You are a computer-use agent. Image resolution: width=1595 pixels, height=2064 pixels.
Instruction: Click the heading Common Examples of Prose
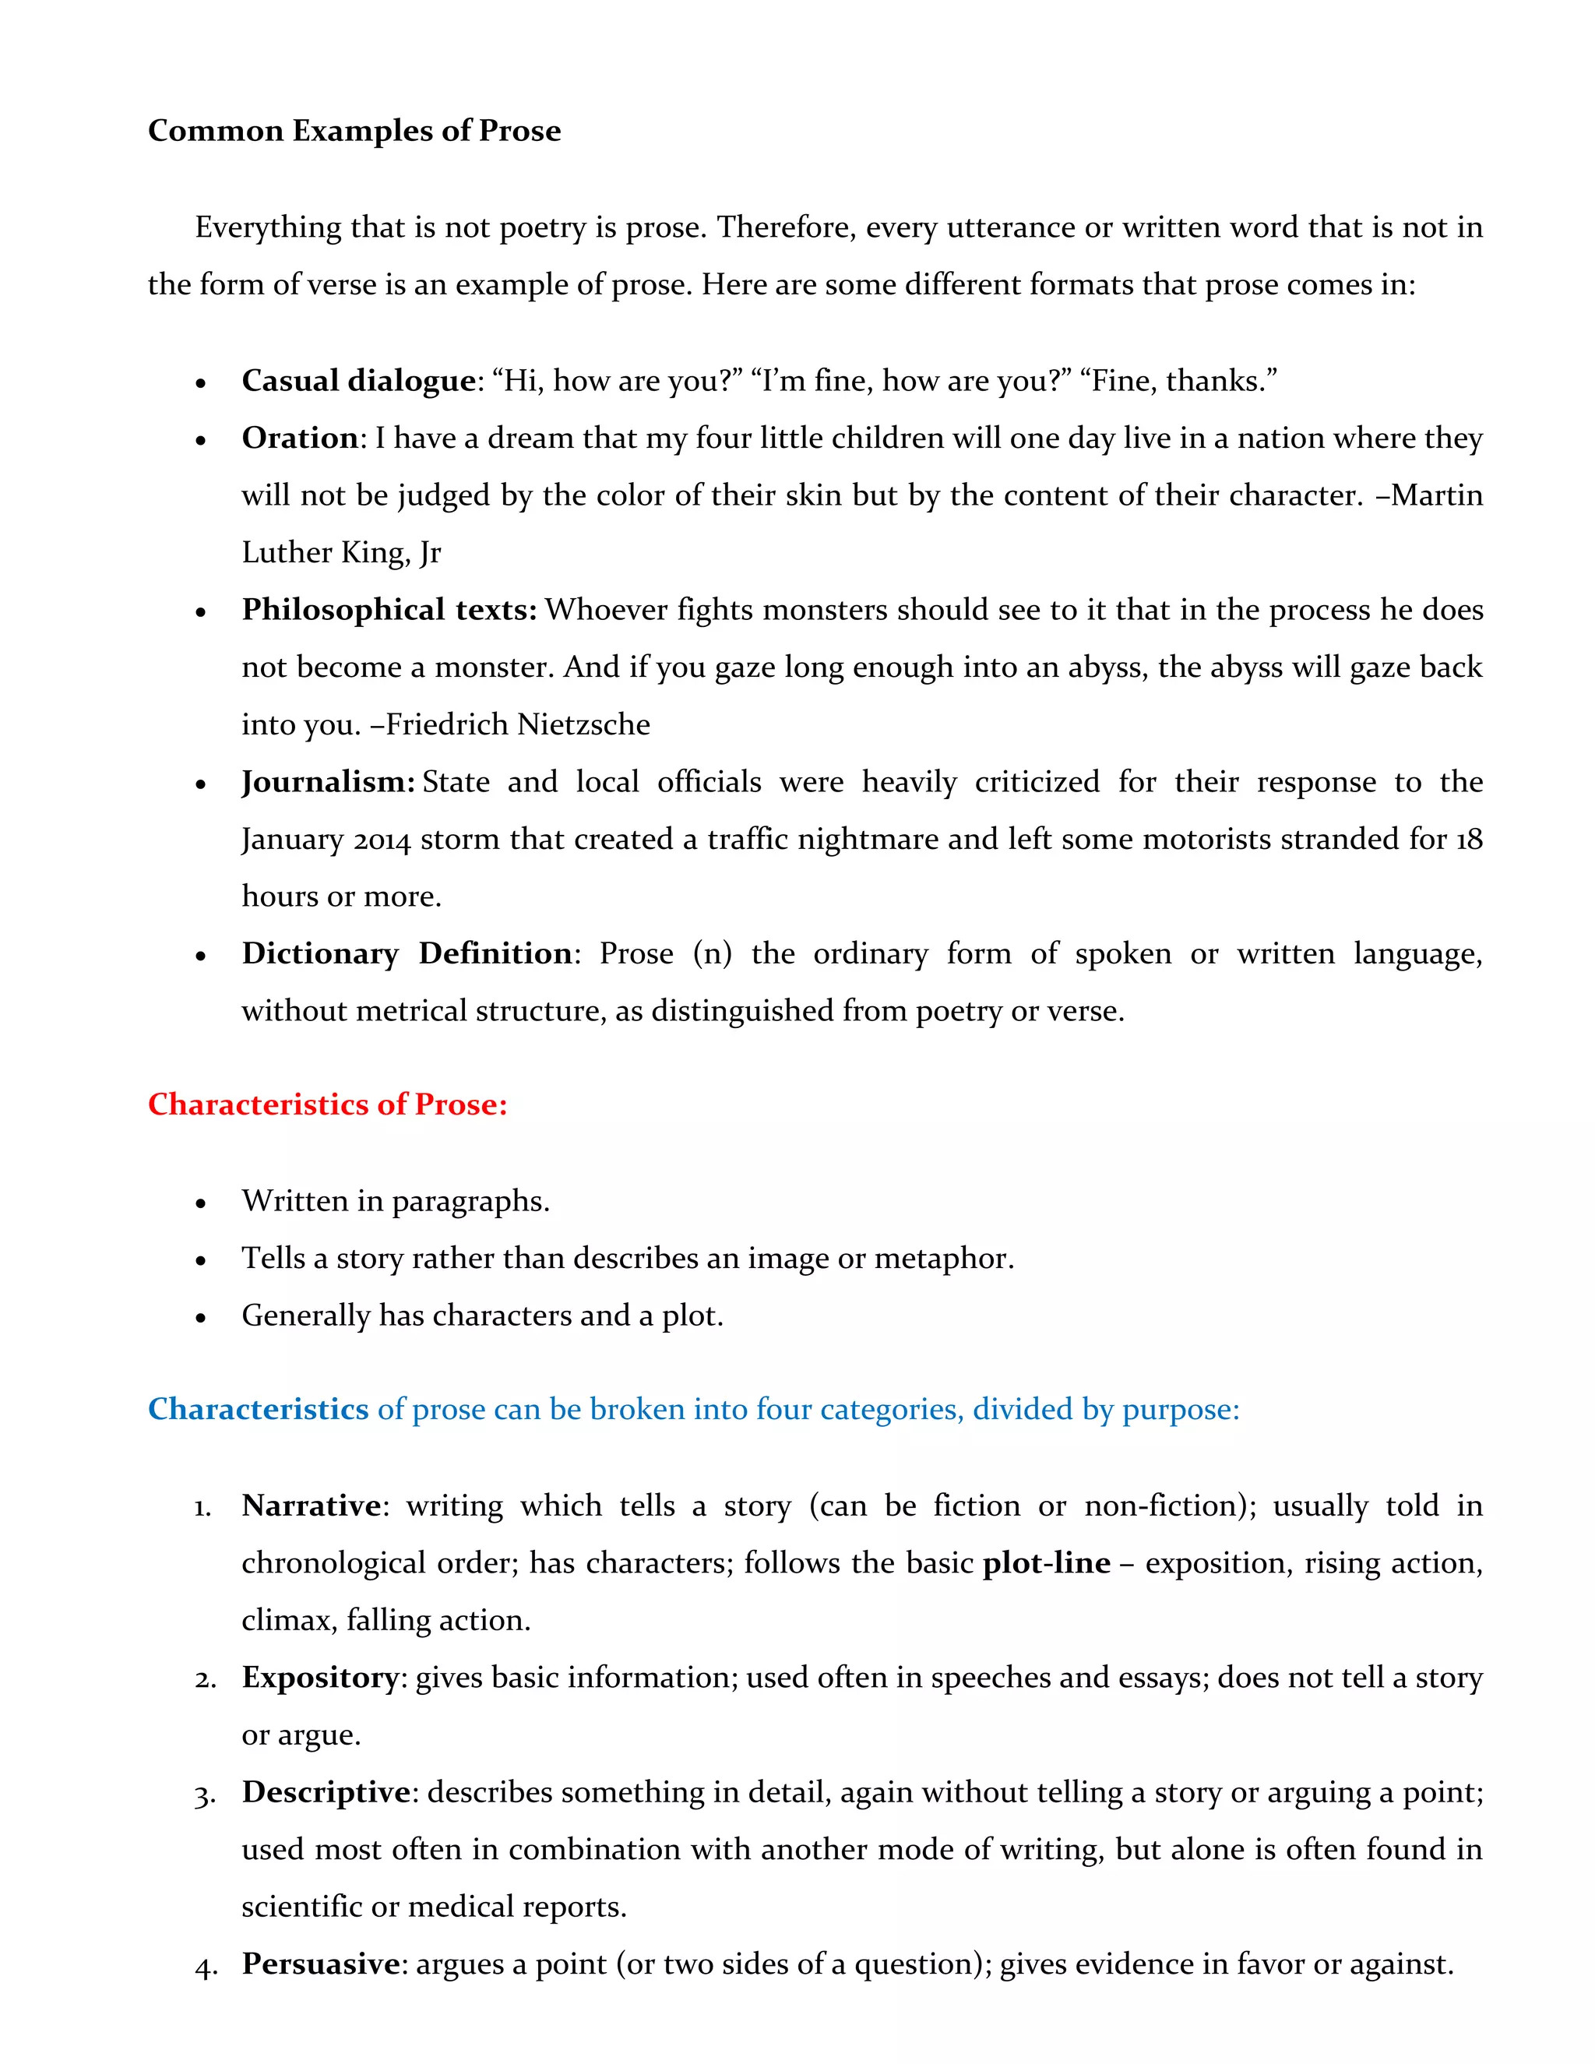(354, 130)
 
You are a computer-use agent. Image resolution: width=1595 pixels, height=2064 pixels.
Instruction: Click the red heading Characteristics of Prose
(327, 1104)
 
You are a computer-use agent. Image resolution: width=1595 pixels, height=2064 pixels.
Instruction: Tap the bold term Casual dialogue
(358, 381)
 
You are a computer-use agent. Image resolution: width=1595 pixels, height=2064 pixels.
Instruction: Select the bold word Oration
(300, 439)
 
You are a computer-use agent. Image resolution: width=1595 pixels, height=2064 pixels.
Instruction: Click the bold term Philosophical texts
(389, 610)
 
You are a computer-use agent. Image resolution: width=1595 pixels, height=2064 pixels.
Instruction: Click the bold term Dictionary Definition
(407, 953)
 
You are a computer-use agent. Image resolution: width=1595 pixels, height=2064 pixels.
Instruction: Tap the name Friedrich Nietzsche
(518, 725)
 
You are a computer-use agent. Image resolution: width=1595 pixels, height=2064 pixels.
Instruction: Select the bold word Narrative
(311, 1506)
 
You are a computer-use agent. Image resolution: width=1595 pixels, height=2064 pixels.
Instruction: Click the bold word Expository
(320, 1678)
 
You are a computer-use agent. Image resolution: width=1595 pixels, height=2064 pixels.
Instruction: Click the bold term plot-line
(1046, 1563)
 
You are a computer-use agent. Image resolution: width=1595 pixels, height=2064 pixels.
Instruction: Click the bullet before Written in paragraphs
(200, 1204)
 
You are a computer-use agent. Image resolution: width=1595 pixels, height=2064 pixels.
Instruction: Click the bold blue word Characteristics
(258, 1409)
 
